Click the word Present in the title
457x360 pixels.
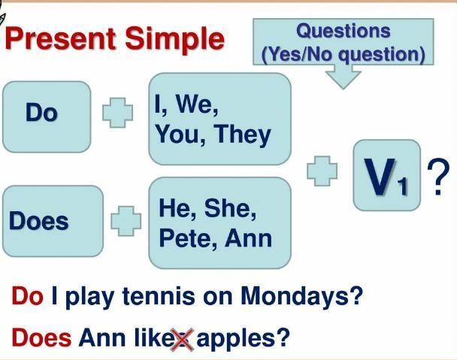coord(60,38)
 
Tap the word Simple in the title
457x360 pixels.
coord(174,40)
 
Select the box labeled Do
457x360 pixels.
coord(47,116)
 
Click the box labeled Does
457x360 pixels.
coord(53,221)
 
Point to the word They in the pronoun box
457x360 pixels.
coord(242,135)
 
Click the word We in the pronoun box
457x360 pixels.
coord(196,104)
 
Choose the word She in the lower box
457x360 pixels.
coord(230,208)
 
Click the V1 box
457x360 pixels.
coord(387,175)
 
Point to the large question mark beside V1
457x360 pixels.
coord(438,177)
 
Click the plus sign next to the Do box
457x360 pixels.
coord(118,113)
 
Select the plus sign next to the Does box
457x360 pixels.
coord(126,221)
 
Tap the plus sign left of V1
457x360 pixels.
coord(322,171)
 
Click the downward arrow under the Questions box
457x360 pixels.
coord(344,77)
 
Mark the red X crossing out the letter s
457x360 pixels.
coord(182,340)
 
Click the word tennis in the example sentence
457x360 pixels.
coord(159,296)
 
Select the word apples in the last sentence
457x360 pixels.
coord(235,339)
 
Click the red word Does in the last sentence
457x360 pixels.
coord(41,337)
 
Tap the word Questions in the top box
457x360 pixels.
coord(344,31)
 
